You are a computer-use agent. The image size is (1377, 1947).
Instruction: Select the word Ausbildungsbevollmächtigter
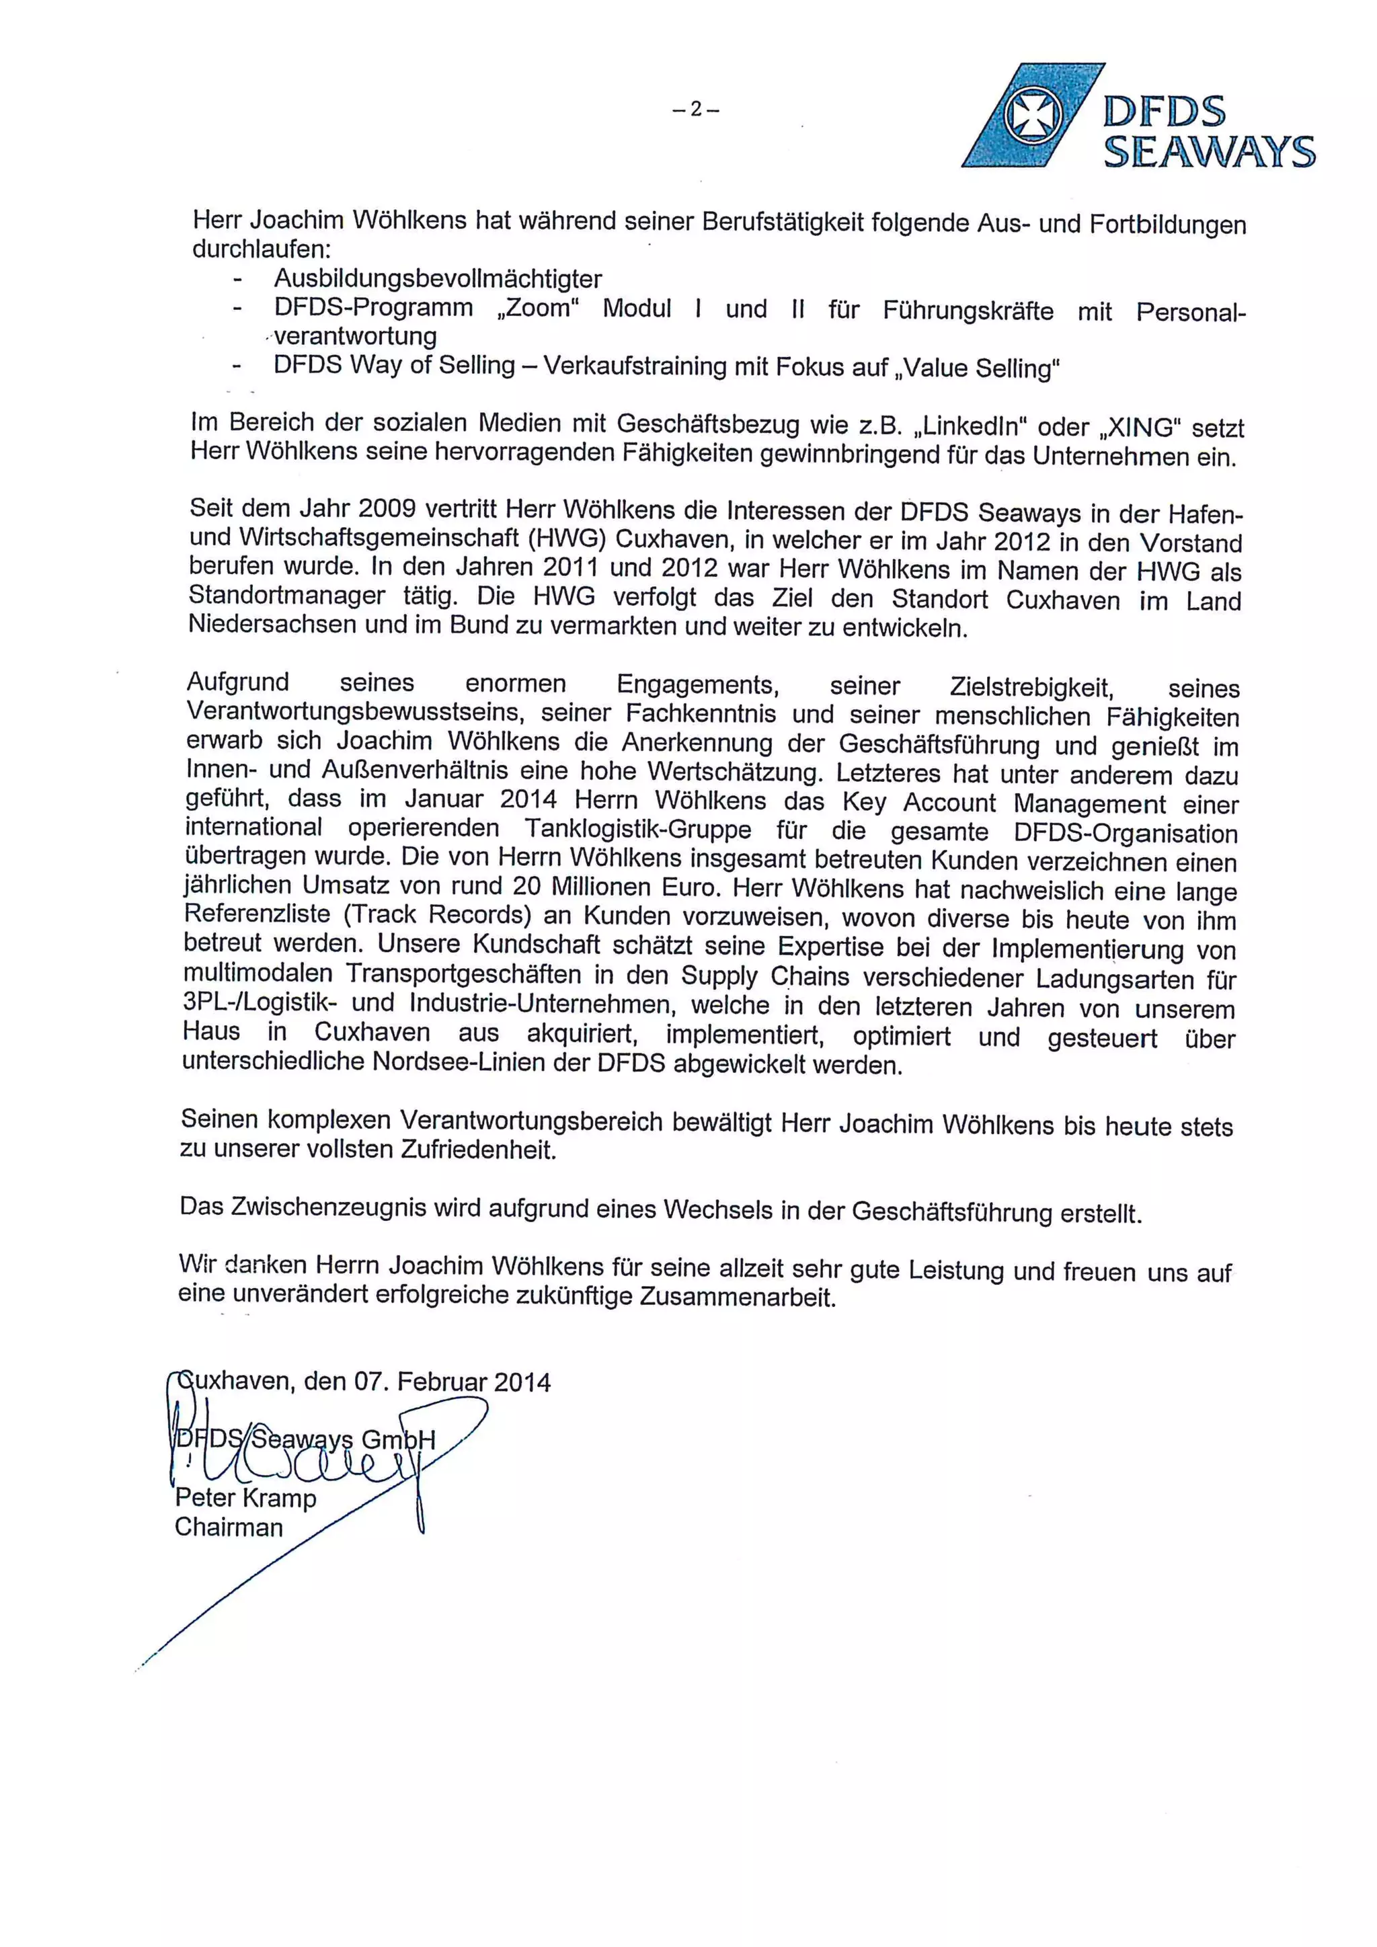[438, 279]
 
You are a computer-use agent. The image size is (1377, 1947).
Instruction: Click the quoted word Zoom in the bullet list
[538, 308]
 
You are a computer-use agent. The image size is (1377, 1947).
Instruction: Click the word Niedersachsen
[270, 625]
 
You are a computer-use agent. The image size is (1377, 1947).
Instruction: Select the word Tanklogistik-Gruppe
[637, 828]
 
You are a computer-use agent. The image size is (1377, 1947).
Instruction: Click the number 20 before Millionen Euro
[526, 886]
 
